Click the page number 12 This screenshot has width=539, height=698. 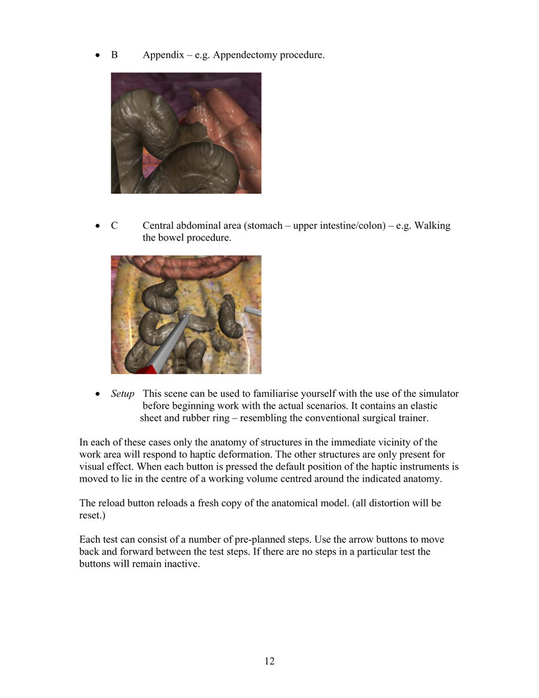click(269, 661)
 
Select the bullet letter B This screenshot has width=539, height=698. click(114, 55)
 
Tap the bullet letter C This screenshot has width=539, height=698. click(114, 226)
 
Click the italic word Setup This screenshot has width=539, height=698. click(123, 394)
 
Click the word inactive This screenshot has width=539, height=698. click(182, 564)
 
